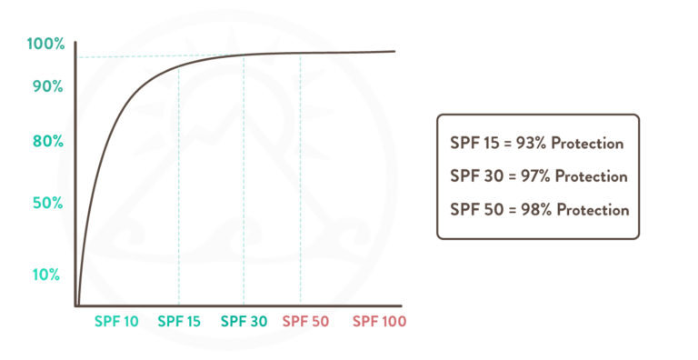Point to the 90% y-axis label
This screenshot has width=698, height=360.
click(47, 86)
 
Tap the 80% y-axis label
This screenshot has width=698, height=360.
click(47, 142)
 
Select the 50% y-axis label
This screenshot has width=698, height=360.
click(47, 203)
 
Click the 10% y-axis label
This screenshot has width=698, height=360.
click(47, 275)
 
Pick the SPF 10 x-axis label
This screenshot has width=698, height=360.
click(116, 321)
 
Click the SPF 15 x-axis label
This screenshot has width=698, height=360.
click(179, 321)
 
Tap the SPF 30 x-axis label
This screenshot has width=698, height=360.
click(244, 321)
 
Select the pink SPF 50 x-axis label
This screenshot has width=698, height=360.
click(304, 321)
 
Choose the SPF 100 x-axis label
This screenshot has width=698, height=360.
click(379, 321)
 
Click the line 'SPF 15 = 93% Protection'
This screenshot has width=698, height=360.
click(536, 144)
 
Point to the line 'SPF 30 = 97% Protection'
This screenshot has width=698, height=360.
click(539, 176)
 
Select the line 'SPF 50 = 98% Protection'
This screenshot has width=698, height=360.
click(539, 209)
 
